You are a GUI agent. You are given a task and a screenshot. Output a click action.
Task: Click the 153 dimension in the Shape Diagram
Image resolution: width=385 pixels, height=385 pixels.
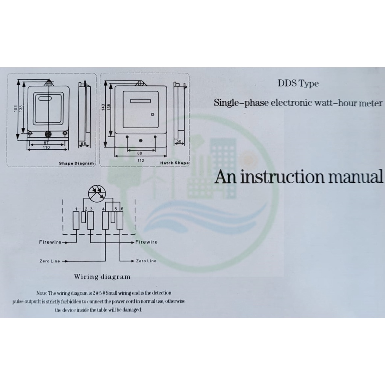point(15,109)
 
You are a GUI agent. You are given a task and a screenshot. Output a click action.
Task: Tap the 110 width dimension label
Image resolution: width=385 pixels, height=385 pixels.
point(46,148)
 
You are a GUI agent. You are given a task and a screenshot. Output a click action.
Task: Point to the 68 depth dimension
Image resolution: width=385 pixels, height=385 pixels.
point(83,144)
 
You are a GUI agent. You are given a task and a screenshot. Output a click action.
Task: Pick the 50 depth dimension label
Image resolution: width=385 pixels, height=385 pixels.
point(179,142)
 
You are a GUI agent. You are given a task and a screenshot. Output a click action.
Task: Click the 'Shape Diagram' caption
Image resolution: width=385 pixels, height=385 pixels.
point(76,164)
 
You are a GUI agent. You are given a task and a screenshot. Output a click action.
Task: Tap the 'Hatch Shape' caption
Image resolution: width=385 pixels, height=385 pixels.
point(174,163)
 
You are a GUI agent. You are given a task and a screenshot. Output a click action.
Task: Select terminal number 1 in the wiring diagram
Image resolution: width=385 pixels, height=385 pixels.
point(76,209)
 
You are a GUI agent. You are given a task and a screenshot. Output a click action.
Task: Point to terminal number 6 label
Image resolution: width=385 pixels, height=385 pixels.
point(122,209)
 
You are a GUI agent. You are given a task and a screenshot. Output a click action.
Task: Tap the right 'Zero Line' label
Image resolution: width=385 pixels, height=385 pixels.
point(146,261)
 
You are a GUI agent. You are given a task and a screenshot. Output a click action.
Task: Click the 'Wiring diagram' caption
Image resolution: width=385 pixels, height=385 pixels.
point(102,277)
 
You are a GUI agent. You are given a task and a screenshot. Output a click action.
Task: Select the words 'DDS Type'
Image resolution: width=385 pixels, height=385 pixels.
point(298,83)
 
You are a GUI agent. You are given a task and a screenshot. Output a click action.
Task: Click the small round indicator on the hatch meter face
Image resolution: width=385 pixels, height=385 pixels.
point(153,114)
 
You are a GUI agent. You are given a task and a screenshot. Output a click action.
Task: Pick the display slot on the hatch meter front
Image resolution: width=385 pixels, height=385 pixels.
point(140,101)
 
